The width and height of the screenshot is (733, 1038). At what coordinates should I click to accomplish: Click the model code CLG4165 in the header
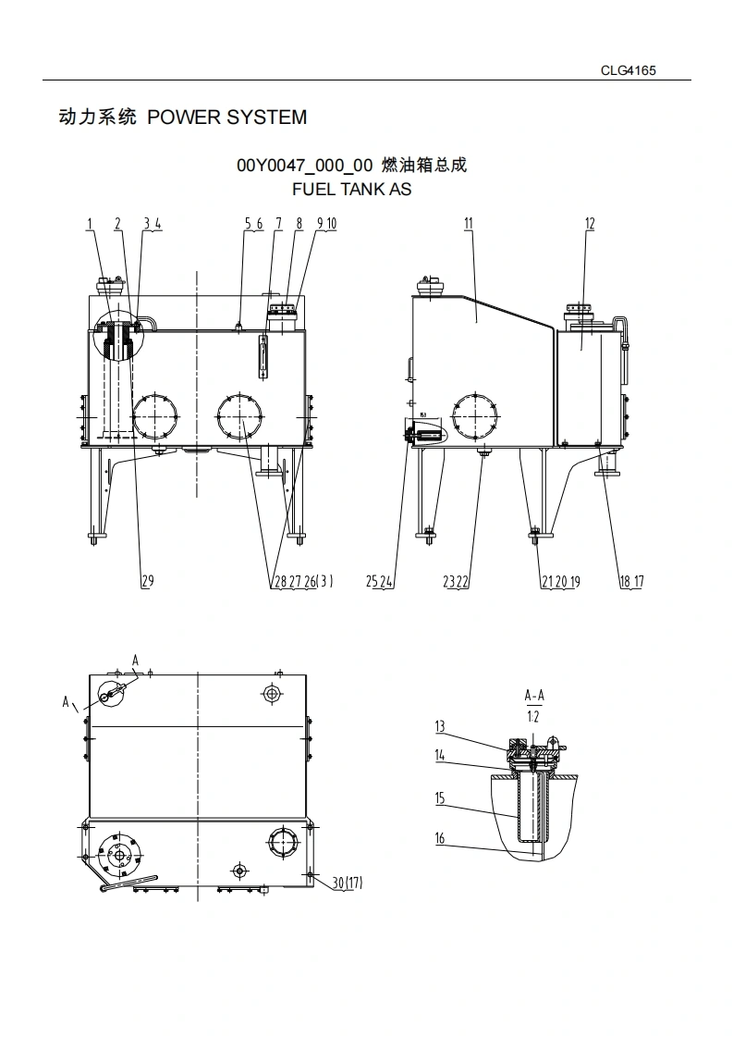[628, 70]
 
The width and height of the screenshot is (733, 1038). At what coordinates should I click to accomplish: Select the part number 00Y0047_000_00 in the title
[304, 166]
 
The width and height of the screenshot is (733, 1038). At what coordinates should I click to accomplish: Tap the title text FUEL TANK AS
[351, 190]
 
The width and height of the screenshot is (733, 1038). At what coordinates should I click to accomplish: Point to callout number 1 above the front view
[90, 224]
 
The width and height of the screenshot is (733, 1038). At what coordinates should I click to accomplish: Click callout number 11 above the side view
[469, 224]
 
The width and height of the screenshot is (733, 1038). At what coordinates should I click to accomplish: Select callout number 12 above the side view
[590, 224]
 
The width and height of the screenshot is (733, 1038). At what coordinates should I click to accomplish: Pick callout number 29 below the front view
[147, 581]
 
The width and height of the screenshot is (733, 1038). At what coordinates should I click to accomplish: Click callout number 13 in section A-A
[440, 727]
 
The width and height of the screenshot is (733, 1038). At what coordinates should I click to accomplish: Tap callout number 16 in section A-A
[440, 838]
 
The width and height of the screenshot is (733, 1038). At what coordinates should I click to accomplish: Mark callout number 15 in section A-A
[440, 797]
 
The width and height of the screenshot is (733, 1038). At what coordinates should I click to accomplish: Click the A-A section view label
[533, 695]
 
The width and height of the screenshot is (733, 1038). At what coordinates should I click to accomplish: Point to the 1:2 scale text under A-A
[533, 716]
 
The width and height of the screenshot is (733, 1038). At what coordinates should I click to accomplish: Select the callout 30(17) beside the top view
[347, 883]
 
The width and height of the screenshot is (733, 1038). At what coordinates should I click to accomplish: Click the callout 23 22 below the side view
[456, 581]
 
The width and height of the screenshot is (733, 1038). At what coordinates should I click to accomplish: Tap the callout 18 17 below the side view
[631, 581]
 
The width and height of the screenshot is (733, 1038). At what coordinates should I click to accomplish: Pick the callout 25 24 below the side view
[380, 581]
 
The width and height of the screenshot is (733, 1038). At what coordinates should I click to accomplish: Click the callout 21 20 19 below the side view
[560, 581]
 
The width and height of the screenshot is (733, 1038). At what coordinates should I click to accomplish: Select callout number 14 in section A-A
[440, 756]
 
